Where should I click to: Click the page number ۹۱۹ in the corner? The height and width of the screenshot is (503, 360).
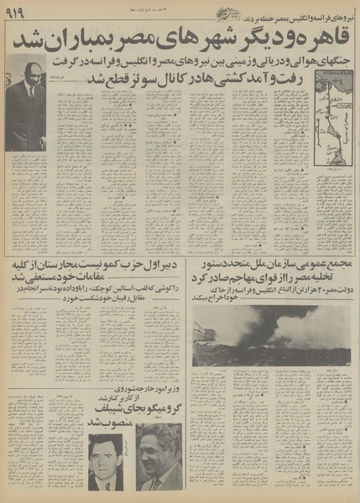(x=17, y=14)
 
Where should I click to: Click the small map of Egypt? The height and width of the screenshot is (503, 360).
(x=332, y=117)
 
